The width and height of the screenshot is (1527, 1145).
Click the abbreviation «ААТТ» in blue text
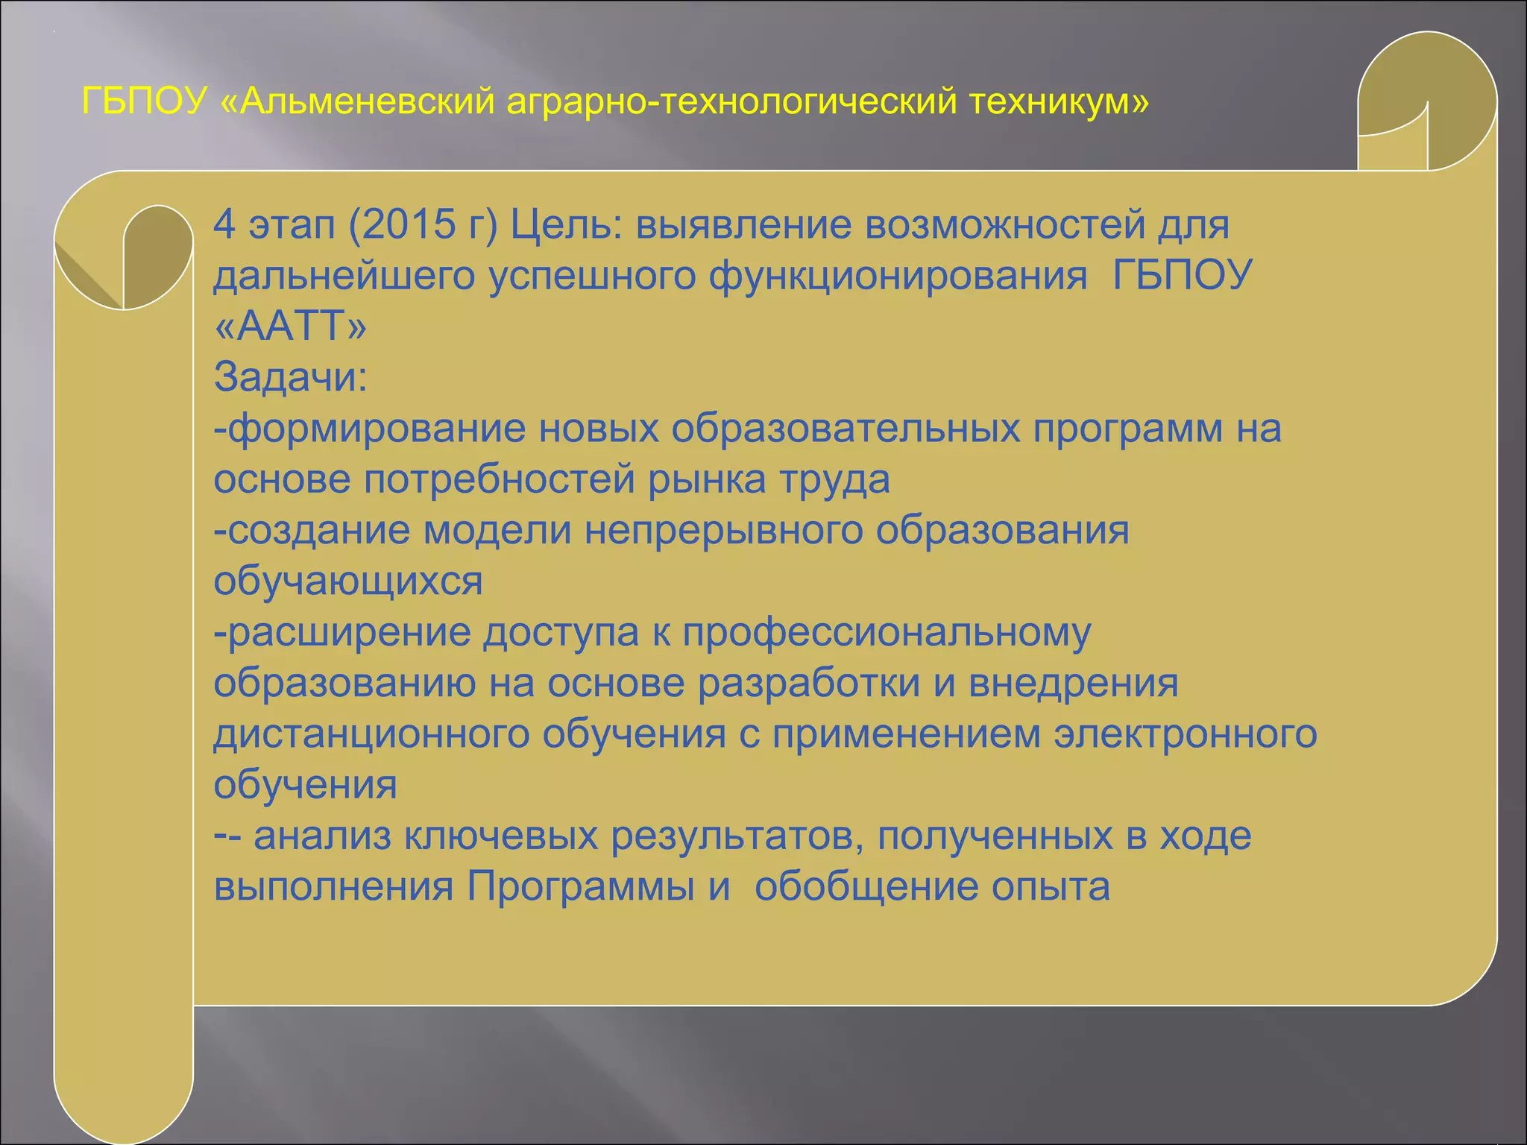pyautogui.click(x=290, y=327)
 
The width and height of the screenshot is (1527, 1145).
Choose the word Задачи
pyautogui.click(x=290, y=377)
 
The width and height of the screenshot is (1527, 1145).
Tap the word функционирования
pyautogui.click(x=898, y=276)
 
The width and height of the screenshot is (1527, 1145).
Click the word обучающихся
pyautogui.click(x=348, y=581)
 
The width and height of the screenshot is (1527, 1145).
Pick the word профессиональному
pyautogui.click(x=887, y=633)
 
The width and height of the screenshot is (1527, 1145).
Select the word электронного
pyautogui.click(x=1185, y=734)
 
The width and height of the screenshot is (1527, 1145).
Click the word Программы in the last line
pyautogui.click(x=581, y=887)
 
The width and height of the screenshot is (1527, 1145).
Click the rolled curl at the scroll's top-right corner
pyautogui.click(x=1426, y=101)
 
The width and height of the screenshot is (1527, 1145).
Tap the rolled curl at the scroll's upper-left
pyautogui.click(x=125, y=257)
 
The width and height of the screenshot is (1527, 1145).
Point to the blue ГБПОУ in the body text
pyautogui.click(x=1182, y=276)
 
